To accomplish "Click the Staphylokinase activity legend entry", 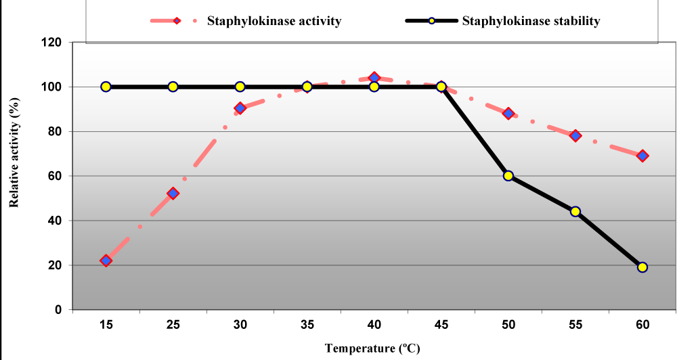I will [246, 21].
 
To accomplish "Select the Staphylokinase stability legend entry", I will [502, 21].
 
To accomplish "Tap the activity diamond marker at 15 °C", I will [106, 261].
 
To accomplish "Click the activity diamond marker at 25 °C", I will [173, 194].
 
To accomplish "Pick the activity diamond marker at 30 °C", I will [240, 108].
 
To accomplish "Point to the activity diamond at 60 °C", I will [642, 156].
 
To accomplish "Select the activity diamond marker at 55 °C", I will [575, 135].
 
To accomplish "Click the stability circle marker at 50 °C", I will [508, 176].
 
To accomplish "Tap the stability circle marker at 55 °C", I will [575, 211].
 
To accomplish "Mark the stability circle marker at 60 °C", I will [642, 267].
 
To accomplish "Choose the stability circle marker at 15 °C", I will [106, 87].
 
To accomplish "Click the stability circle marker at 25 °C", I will [173, 87].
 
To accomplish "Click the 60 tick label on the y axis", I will [55, 176].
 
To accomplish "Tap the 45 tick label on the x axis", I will [441, 325].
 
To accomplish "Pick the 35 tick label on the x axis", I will [307, 325].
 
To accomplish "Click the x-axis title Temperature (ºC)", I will [372, 349].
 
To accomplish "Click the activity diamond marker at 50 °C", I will [508, 114].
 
